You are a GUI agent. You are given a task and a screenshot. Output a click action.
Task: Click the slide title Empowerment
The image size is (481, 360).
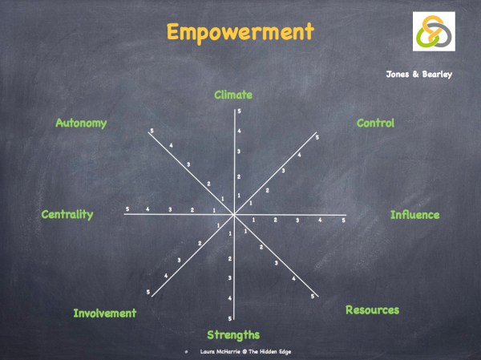[240, 32]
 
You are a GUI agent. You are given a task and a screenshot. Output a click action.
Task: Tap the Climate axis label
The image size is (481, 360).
[233, 95]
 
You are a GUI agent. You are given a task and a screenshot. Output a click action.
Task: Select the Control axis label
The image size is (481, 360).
[375, 123]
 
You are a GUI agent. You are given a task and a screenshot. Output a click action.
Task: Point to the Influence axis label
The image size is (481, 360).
[414, 215]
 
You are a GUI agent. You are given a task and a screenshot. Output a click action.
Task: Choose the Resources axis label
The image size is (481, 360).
[372, 309]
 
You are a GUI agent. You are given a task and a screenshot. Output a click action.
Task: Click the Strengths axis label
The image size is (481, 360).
[233, 334]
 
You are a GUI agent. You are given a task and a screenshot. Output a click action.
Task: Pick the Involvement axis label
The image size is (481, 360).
[105, 313]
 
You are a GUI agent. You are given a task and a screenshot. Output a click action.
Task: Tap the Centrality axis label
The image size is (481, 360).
[67, 214]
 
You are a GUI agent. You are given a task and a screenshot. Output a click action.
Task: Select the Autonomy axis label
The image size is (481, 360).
[81, 123]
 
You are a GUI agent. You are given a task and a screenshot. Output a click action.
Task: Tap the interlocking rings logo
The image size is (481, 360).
[434, 32]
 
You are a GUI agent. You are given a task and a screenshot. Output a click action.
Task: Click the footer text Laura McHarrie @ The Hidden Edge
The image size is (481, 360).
[240, 352]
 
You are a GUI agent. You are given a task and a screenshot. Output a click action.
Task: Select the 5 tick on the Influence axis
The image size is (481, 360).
[343, 220]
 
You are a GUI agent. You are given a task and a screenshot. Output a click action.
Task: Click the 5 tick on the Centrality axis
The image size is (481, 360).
[127, 209]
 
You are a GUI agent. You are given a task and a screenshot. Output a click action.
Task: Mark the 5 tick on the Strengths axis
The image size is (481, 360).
[230, 318]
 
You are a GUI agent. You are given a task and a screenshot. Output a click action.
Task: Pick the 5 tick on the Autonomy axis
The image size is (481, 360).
[151, 131]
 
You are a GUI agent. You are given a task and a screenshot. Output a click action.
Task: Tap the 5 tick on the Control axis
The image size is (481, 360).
[317, 138]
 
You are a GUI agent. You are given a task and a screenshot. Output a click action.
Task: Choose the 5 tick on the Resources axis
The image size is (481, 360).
[312, 297]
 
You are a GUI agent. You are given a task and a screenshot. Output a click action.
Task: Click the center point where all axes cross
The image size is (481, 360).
[234, 215]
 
